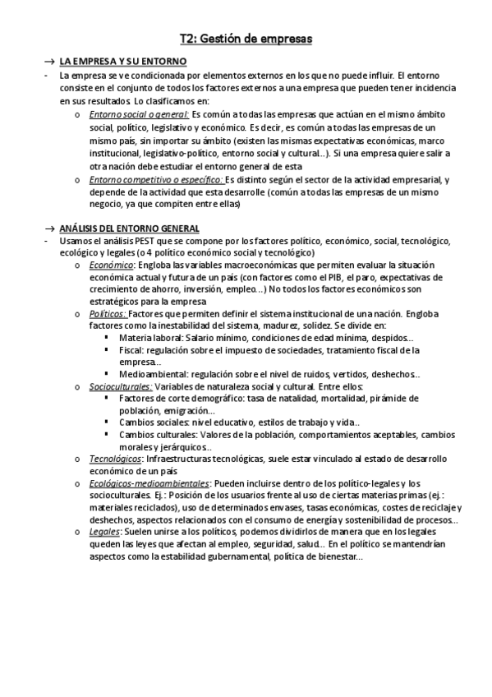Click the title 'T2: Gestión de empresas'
click(x=246, y=38)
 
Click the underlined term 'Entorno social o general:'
click(x=139, y=113)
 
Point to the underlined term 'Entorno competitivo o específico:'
click(x=155, y=179)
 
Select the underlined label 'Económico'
click(x=113, y=265)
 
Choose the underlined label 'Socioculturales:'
click(x=120, y=386)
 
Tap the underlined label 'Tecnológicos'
click(x=115, y=459)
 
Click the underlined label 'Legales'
click(x=104, y=532)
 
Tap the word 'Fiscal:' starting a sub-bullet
click(x=132, y=350)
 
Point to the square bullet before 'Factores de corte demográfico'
click(x=108, y=399)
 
